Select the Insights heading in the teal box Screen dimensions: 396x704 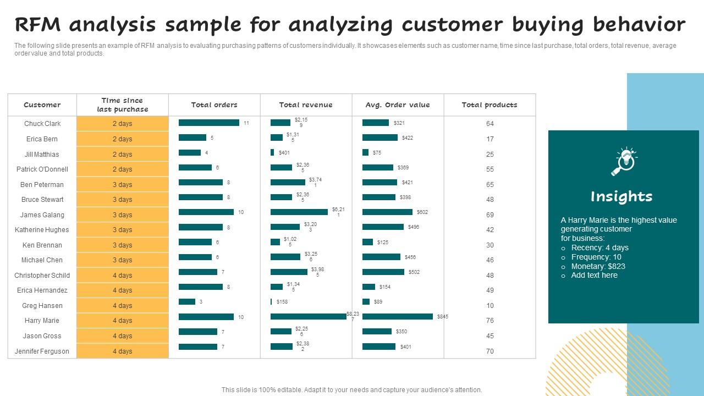pos(621,196)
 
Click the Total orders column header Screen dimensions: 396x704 pos(214,105)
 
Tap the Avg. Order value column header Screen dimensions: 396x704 pos(398,105)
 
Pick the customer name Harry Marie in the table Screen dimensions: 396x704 pos(42,321)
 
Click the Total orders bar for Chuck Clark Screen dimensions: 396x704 pos(209,123)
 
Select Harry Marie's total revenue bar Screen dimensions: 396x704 pos(308,316)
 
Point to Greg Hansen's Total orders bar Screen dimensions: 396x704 pos(187,301)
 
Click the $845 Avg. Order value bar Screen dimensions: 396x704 pos(397,316)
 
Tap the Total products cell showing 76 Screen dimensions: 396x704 pos(490,321)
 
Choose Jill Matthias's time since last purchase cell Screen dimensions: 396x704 pos(122,154)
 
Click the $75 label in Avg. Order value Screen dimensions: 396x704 pos(377,153)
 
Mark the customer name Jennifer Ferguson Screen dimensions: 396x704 pos(42,351)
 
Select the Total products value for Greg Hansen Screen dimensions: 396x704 pos(490,306)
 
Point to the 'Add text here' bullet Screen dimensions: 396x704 pos(594,275)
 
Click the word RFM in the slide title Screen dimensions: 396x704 pos(38,25)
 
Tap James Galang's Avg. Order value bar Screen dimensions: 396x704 pos(387,212)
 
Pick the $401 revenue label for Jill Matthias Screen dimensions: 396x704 pos(284,153)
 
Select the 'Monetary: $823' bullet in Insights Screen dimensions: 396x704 pos(598,266)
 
